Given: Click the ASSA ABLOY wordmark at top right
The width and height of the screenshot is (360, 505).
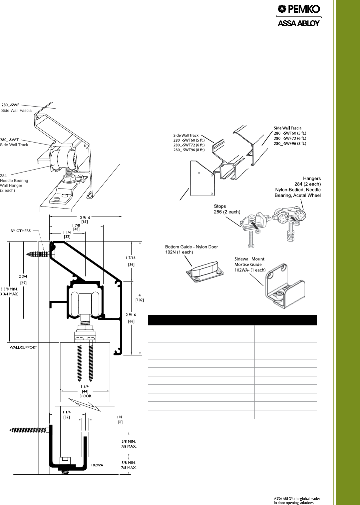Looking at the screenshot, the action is pos(299,23).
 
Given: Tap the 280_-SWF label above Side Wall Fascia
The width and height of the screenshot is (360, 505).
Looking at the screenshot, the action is pos(10,105).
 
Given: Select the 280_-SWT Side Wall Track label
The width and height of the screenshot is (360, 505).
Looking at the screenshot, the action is pos(14,142).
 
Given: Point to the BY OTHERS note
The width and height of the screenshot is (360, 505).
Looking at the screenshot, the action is pos(21,231).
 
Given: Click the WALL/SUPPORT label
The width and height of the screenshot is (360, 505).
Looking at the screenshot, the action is pos(23,347).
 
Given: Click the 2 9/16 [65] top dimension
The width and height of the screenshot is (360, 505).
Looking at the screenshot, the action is pos(85,220).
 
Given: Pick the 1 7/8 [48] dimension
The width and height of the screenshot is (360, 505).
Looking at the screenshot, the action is pos(76,227).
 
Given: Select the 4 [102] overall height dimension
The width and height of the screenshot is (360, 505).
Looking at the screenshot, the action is pos(140,297).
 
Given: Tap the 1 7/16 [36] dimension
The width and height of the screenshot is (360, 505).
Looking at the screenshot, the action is pos(131,261).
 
